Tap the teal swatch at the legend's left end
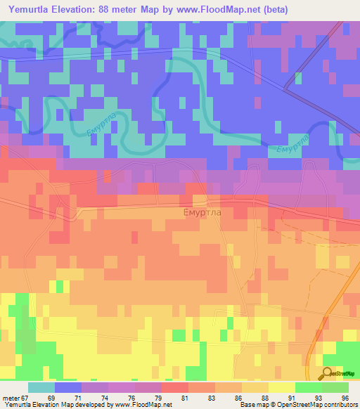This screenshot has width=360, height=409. click(x=41, y=387)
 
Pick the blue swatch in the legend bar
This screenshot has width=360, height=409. click(x=68, y=387)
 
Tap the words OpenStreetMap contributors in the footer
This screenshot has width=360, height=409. click(x=315, y=405)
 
